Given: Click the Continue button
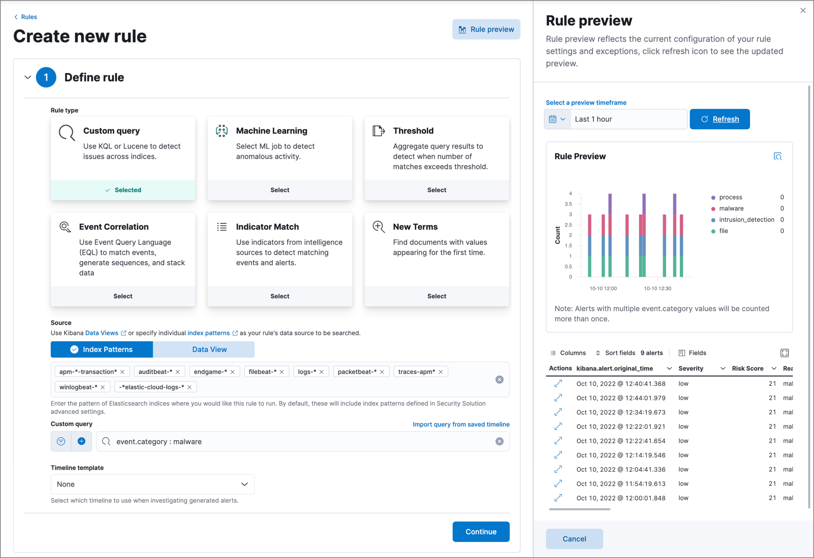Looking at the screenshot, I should pyautogui.click(x=480, y=531).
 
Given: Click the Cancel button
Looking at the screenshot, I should pyautogui.click(x=574, y=538).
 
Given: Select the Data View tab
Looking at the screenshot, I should pyautogui.click(x=209, y=349).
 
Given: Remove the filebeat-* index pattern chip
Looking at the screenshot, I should pyautogui.click(x=282, y=372).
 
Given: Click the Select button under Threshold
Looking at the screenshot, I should pyautogui.click(x=437, y=190).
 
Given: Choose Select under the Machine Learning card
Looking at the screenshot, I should pyautogui.click(x=279, y=190).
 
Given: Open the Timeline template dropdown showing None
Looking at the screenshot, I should pyautogui.click(x=152, y=484).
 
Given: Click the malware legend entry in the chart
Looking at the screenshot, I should pyautogui.click(x=731, y=208).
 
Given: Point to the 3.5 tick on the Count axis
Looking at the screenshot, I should pyautogui.click(x=568, y=204).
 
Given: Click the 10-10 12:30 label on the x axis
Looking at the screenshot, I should pyautogui.click(x=658, y=288).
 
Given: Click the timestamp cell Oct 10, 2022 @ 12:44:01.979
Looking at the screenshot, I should pyautogui.click(x=621, y=398).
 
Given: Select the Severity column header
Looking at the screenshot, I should pyautogui.click(x=691, y=368).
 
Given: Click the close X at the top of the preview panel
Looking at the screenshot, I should pyautogui.click(x=803, y=11).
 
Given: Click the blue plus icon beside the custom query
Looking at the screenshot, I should pyautogui.click(x=82, y=441).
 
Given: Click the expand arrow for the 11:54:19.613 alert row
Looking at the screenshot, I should pyautogui.click(x=558, y=483).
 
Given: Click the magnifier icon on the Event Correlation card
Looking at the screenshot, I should pyautogui.click(x=65, y=227).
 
